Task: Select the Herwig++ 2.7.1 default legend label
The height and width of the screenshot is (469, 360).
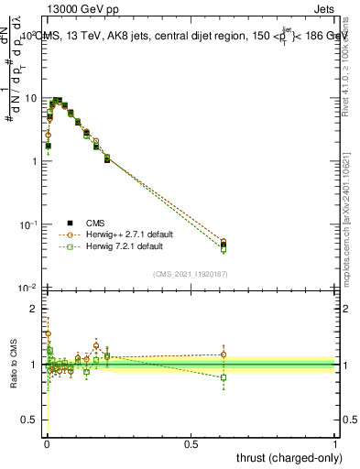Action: [136, 234]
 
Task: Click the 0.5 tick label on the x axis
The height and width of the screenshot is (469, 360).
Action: [191, 442]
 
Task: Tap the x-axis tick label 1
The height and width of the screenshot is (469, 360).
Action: [335, 442]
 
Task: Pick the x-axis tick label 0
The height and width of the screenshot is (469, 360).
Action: [47, 442]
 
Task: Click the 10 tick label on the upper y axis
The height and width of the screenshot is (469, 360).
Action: [30, 98]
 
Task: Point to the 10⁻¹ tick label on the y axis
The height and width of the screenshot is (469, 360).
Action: [27, 224]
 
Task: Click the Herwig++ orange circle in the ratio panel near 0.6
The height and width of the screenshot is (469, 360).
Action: [224, 354]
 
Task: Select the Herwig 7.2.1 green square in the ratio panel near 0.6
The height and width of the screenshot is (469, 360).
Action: [224, 377]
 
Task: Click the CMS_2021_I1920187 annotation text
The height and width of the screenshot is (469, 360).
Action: [190, 274]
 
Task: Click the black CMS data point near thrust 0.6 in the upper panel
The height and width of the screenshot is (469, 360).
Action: [224, 245]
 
